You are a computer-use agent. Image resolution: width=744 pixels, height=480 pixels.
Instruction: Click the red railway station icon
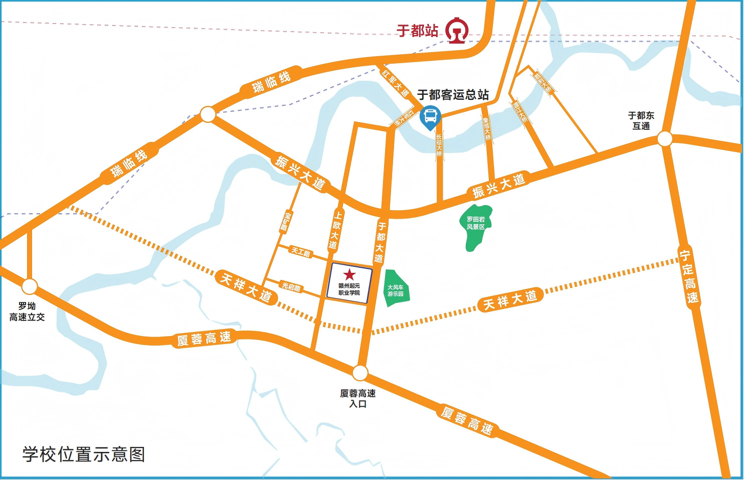coord(457,31)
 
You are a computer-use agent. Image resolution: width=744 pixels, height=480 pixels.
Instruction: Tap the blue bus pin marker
coord(430,117)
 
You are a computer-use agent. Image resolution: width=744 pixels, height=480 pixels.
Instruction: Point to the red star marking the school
coord(349,274)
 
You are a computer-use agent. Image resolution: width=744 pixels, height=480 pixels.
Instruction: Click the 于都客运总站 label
coord(453,95)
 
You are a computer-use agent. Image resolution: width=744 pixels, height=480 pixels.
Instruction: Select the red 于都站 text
coord(417,31)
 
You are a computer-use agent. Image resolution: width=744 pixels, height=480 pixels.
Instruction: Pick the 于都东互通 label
coord(641,120)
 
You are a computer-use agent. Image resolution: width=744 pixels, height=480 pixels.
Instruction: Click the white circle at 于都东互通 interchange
coord(665,138)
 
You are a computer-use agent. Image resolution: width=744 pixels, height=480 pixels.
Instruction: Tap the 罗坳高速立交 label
coord(27,311)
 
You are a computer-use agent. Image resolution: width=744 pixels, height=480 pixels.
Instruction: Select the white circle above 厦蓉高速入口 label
coord(360,373)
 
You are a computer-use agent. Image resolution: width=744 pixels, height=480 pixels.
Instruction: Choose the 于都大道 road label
coord(381,243)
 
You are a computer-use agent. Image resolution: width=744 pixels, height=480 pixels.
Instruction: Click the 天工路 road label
coord(301,252)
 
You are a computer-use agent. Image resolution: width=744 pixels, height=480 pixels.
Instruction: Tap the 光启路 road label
coord(291,287)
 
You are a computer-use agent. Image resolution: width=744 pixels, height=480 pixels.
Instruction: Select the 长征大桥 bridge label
coord(439,145)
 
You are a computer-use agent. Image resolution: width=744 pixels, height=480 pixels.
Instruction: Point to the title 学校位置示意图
coord(84,454)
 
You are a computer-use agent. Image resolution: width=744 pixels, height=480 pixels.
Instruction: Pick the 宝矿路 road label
coord(286,222)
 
